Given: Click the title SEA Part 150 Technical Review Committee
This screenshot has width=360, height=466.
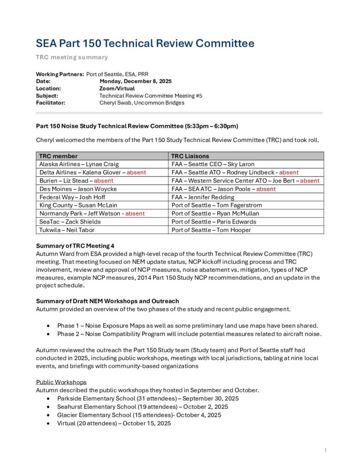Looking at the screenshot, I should pos(145,44).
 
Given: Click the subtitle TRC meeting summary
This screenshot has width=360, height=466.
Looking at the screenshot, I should pos(72,57).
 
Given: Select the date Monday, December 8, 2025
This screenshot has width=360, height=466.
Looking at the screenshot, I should pos(135,81).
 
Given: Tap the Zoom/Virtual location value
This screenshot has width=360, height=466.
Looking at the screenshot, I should pos(117,88).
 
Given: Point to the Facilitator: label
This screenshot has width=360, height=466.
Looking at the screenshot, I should pos(51,103).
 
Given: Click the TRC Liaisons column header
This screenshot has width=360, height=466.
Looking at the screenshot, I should pos(191,156).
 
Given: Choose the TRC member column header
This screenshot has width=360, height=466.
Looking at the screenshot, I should pos(58,156).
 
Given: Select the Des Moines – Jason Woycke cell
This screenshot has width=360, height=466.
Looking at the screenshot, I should pos(78,189).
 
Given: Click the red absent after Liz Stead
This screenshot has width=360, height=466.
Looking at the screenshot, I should pos(103,181).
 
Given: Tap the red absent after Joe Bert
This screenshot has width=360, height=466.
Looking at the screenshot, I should pos(309,181).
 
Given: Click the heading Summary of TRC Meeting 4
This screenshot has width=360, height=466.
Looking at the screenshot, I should pos(75,246).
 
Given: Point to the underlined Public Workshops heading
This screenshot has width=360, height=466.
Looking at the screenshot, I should pos(61,382).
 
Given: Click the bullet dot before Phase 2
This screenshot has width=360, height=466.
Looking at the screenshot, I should pos(48,334).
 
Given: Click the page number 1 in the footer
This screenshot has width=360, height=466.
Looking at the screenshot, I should pos(325,451).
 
